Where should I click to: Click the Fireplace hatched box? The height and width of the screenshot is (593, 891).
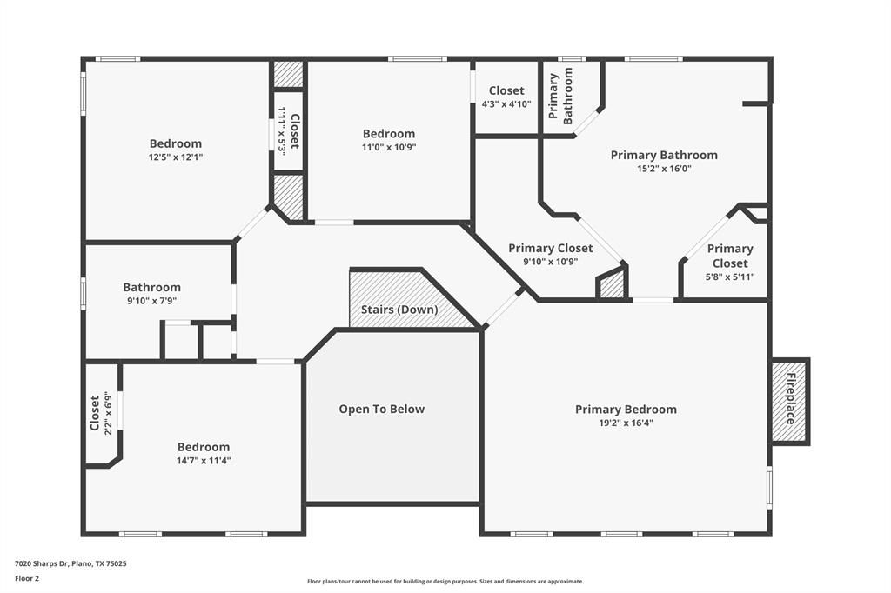click(789, 402)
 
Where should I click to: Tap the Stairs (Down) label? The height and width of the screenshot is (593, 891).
click(399, 310)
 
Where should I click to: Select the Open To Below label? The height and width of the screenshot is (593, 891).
click(381, 409)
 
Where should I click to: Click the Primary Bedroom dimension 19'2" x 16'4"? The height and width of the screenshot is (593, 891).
click(626, 423)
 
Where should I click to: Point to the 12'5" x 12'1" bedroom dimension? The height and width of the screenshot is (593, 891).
click(176, 157)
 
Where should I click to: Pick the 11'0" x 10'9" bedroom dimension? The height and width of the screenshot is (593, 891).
click(388, 147)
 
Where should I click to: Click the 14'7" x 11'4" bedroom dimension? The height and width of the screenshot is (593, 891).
click(204, 461)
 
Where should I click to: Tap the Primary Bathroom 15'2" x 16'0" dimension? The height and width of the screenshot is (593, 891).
click(664, 169)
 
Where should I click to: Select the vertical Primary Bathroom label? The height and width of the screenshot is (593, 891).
click(560, 98)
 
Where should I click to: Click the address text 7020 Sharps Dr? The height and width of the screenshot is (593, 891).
click(70, 563)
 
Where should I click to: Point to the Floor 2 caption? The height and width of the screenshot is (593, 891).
click(27, 577)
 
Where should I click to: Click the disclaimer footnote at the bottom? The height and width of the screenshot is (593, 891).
click(445, 582)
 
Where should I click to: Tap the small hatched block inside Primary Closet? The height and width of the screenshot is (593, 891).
click(613, 285)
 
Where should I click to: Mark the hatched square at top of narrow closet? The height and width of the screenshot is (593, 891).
click(288, 74)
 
